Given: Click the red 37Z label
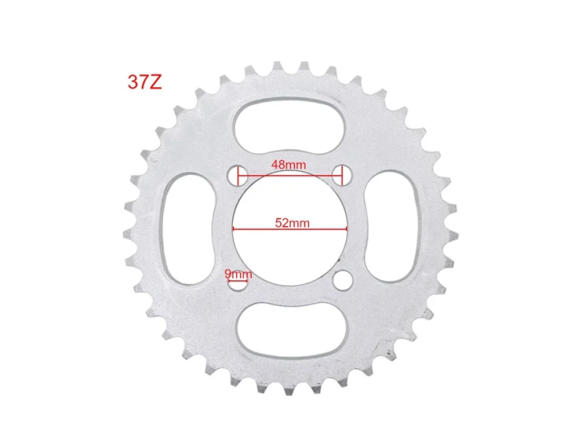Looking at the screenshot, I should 145,83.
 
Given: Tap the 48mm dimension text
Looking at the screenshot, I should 289,164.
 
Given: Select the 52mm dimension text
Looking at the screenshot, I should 292,223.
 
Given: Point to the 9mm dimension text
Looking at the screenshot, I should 238,274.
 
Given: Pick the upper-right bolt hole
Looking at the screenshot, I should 343,175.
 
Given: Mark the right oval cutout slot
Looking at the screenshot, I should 395,227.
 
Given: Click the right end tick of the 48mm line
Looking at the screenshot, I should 343,176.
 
